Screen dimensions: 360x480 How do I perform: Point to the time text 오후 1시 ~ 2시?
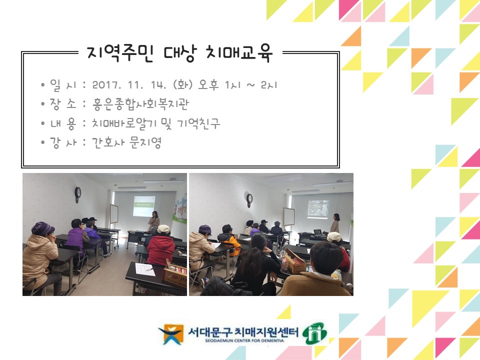pyautogui.click(x=237, y=85)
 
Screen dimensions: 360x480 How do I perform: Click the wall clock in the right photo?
pyautogui.click(x=249, y=198)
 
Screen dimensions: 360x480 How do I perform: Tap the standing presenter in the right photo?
pyautogui.click(x=335, y=223)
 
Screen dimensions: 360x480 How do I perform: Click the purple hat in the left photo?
pyautogui.click(x=42, y=228)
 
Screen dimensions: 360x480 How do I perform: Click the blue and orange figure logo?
pyautogui.click(x=170, y=334)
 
